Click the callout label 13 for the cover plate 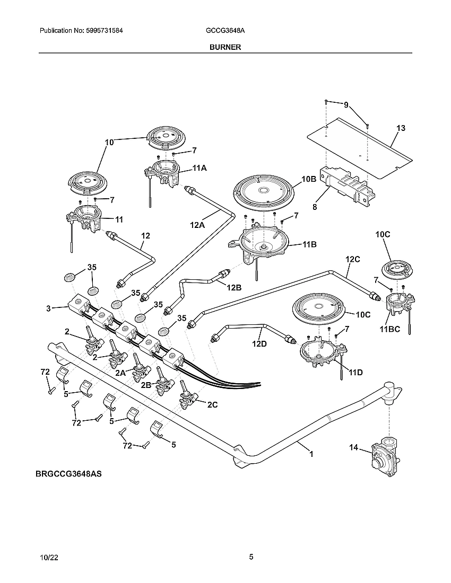click(x=401, y=128)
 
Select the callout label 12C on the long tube click(x=353, y=260)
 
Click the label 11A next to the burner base click(x=199, y=168)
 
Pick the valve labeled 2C click(x=212, y=405)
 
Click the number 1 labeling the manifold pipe click(x=311, y=454)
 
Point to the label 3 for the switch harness click(x=48, y=308)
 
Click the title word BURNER click(x=225, y=47)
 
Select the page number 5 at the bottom click(x=251, y=557)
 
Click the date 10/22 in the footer click(x=47, y=558)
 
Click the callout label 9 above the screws click(x=346, y=105)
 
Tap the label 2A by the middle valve click(x=121, y=373)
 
